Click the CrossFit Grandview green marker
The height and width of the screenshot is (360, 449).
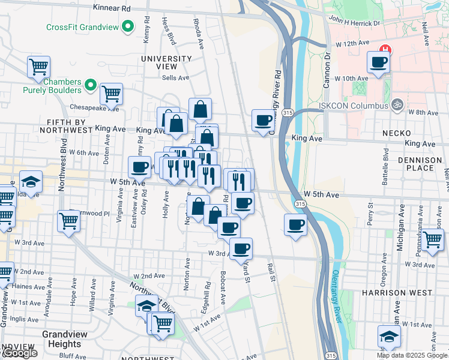(x=127, y=27)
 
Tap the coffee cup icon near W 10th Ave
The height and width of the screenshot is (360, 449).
(x=378, y=62)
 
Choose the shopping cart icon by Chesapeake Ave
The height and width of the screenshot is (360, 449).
(x=111, y=93)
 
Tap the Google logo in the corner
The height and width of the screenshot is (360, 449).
(x=20, y=353)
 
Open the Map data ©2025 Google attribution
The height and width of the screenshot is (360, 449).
(x=412, y=355)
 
